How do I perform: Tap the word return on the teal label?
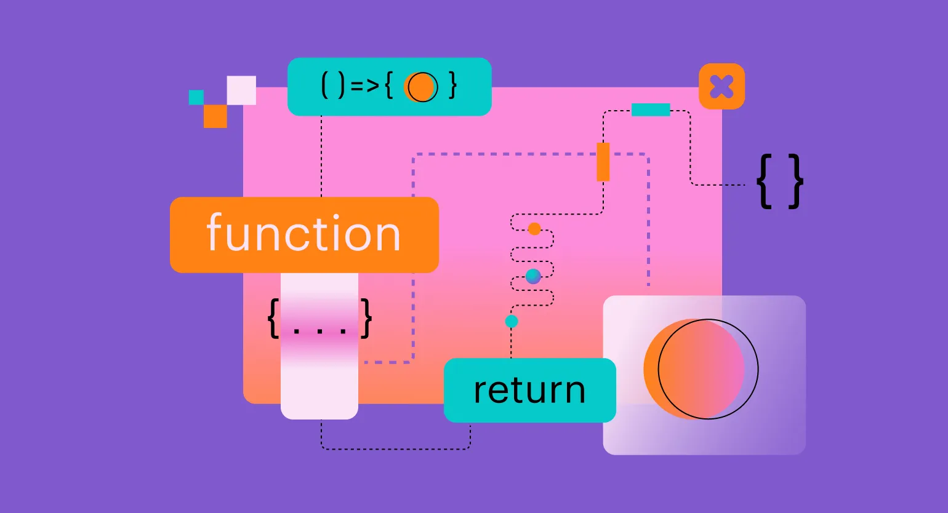pyautogui.click(x=529, y=390)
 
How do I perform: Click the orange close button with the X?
pyautogui.click(x=721, y=87)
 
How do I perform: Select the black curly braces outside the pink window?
pyautogui.click(x=780, y=181)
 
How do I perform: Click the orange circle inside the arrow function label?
pyautogui.click(x=421, y=87)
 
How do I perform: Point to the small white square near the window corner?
pyautogui.click(x=241, y=90)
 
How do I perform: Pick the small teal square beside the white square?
pyautogui.click(x=196, y=97)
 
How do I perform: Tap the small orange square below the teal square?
pyautogui.click(x=215, y=116)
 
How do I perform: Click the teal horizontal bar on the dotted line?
pyautogui.click(x=651, y=110)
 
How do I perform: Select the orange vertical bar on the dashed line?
pyautogui.click(x=603, y=162)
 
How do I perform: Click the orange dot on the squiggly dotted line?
pyautogui.click(x=534, y=229)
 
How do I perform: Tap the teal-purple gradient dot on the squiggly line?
pyautogui.click(x=533, y=276)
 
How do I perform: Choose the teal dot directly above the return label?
pyautogui.click(x=512, y=321)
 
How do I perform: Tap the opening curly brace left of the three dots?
pyautogui.click(x=273, y=318)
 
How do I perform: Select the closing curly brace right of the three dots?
pyautogui.click(x=367, y=318)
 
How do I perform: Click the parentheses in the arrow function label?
pyautogui.click(x=333, y=86)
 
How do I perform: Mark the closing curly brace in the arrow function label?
pyautogui.click(x=453, y=86)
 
